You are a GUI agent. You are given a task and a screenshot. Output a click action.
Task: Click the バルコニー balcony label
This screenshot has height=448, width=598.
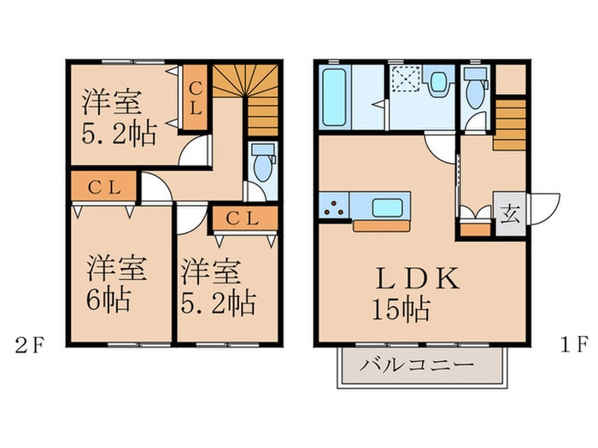416,365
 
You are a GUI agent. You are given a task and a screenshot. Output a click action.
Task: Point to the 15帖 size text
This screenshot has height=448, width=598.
400,308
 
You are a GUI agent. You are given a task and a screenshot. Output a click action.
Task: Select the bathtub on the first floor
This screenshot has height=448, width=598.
334,100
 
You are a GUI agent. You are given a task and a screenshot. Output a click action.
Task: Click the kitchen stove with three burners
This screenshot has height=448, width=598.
334,207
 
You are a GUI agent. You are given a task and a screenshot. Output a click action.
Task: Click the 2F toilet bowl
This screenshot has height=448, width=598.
261,160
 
